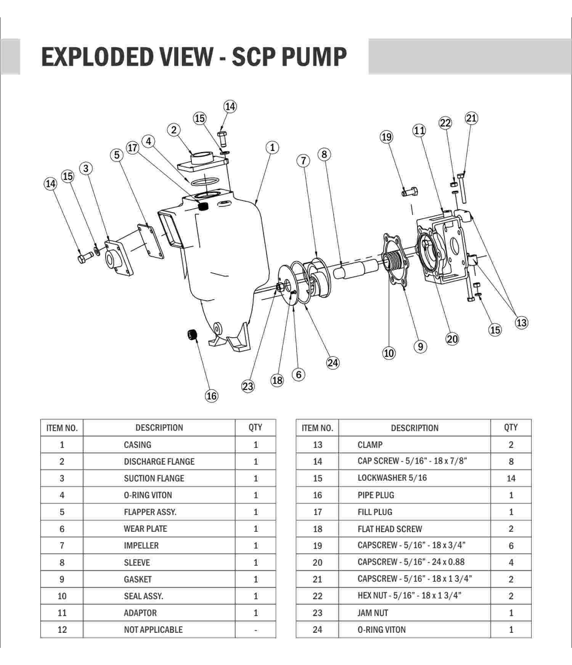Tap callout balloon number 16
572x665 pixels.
(211, 396)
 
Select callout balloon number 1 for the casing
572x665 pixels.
(272, 148)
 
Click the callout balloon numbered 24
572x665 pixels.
(333, 363)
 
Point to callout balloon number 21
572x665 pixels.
(471, 118)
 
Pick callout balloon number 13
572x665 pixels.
(521, 323)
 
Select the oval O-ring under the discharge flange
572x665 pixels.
(204, 181)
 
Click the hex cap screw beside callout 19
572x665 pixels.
(410, 192)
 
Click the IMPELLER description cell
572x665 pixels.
(141, 545)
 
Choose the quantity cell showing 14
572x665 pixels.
(511, 478)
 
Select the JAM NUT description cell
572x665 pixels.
(373, 613)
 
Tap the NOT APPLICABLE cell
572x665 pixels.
(153, 630)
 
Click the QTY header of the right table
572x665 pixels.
(511, 427)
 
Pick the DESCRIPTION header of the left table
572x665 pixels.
(159, 427)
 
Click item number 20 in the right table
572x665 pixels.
(317, 562)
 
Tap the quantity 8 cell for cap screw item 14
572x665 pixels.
(511, 462)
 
